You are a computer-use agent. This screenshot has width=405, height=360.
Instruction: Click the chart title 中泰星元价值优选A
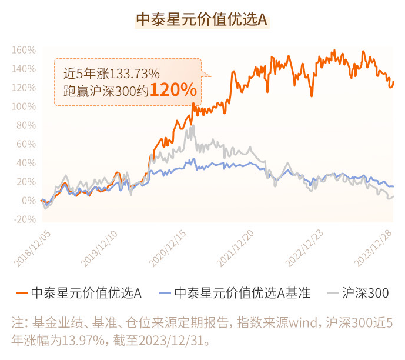(x=202, y=20)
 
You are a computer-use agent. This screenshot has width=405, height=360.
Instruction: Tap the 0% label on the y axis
(x=28, y=201)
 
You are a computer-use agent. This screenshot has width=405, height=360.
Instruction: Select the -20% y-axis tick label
(x=24, y=219)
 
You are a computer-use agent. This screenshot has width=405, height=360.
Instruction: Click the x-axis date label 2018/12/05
(x=32, y=246)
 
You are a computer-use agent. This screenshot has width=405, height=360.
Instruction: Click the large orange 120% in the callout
(x=172, y=90)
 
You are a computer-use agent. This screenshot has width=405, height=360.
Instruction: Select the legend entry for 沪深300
(x=364, y=292)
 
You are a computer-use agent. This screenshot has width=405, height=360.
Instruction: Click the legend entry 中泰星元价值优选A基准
(x=242, y=292)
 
